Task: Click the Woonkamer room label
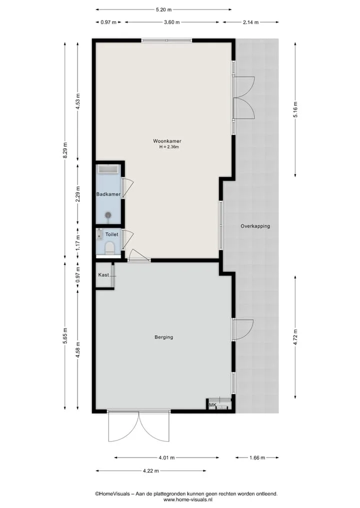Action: [167, 141]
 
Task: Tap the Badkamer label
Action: [108, 194]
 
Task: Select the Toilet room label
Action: [111, 234]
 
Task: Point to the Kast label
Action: [103, 275]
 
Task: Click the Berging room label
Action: [164, 337]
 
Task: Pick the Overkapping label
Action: [255, 226]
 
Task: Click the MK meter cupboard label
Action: [212, 405]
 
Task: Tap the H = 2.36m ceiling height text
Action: [169, 147]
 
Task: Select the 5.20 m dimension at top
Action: [163, 9]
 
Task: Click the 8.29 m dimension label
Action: [65, 150]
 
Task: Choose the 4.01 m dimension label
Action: [166, 458]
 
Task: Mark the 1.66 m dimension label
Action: [257, 458]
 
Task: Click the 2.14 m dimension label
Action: [250, 22]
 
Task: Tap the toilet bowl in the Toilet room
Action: [109, 248]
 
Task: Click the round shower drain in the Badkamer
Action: [108, 215]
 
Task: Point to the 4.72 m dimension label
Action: [295, 337]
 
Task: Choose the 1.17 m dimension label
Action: [78, 243]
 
